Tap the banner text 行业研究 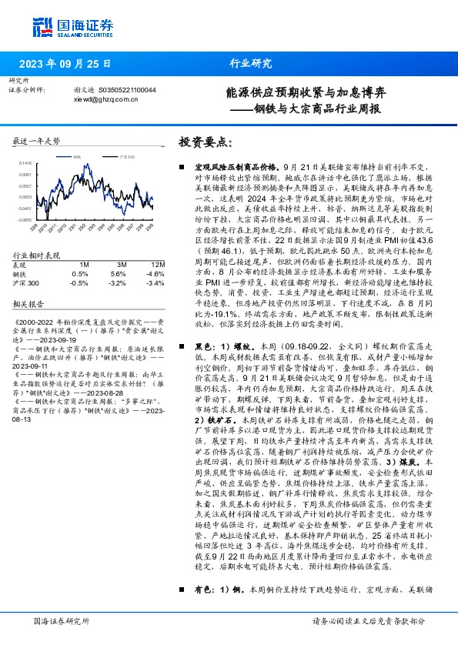click(x=251, y=64)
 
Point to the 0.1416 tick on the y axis click(x=25, y=163)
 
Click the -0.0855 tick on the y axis click(x=25, y=219)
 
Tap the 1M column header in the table click(x=84, y=264)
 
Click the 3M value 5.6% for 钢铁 click(x=118, y=273)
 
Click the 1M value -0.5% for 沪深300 click(x=79, y=282)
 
